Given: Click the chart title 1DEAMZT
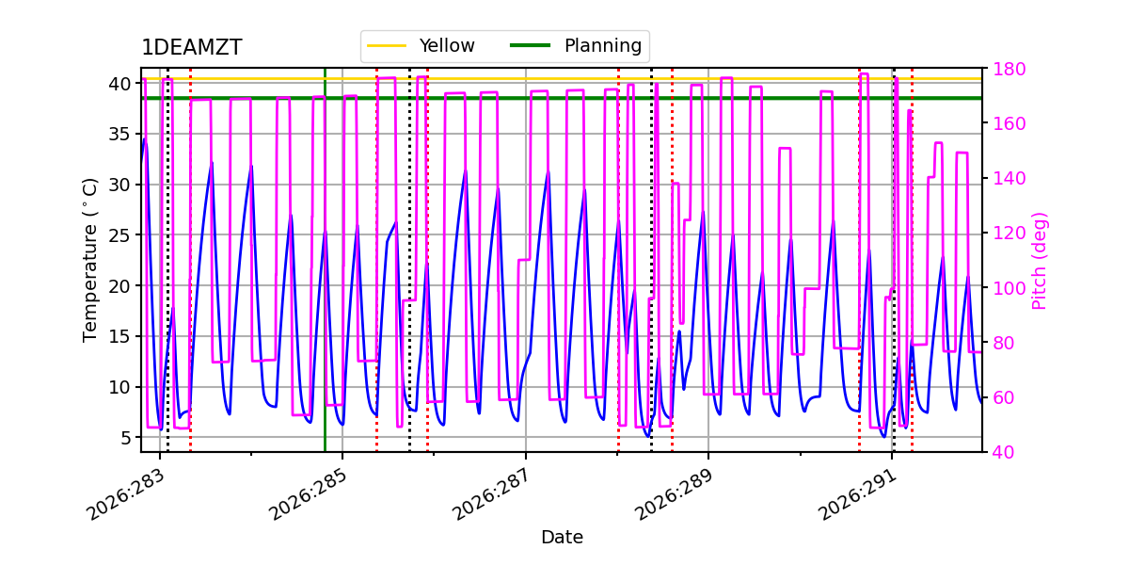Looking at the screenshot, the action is pyautogui.click(x=192, y=47).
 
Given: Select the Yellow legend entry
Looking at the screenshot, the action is pyautogui.click(x=421, y=46).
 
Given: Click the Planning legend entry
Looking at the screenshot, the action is pyautogui.click(x=576, y=46).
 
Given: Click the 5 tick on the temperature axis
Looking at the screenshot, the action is pyautogui.click(x=126, y=438).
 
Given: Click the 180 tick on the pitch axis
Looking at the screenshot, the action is pyautogui.click(x=1009, y=69).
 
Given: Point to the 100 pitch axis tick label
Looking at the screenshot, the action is pyautogui.click(x=1009, y=288).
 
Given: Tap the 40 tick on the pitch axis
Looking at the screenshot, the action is pyautogui.click(x=1004, y=453).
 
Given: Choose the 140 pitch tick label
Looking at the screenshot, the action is pyautogui.click(x=1009, y=179).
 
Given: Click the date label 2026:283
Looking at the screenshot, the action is pyautogui.click(x=125, y=495).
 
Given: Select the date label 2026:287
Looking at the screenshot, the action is pyautogui.click(x=491, y=495).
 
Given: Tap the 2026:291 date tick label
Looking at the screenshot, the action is pyautogui.click(x=857, y=495).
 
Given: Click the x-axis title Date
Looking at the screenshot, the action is pyautogui.click(x=562, y=538).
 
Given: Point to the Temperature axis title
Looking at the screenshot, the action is pyautogui.click(x=89, y=260).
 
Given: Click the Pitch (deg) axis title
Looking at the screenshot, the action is pyautogui.click(x=1040, y=261).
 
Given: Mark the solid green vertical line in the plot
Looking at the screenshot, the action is pyautogui.click(x=326, y=260).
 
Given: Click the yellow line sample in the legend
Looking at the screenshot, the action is pyautogui.click(x=387, y=46).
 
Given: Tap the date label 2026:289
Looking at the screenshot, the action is pyautogui.click(x=675, y=495).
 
